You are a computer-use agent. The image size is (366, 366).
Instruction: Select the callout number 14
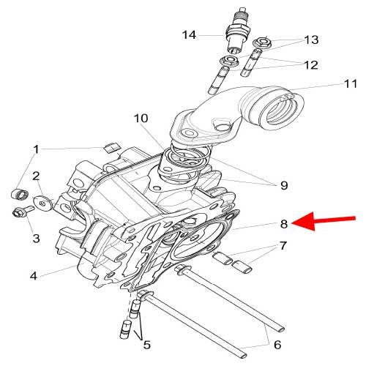pyautogui.click(x=190, y=34)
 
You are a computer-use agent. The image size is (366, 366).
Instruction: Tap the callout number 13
pyautogui.click(x=311, y=40)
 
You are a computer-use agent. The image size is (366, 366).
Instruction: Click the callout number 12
pyautogui.click(x=310, y=65)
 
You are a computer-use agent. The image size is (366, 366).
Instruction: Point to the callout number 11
pyautogui.click(x=330, y=86)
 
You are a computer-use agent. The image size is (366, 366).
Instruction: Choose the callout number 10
pyautogui.click(x=141, y=118)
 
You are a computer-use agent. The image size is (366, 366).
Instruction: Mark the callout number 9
pyautogui.click(x=283, y=185)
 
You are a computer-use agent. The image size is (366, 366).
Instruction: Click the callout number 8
pyautogui.click(x=283, y=224)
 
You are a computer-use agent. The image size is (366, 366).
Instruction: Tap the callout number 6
pyautogui.click(x=276, y=343)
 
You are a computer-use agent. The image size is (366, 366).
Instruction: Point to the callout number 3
pyautogui.click(x=34, y=238)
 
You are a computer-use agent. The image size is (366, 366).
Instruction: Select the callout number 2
pyautogui.click(x=34, y=176)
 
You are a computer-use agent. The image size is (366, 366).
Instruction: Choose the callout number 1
pyautogui.click(x=34, y=150)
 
